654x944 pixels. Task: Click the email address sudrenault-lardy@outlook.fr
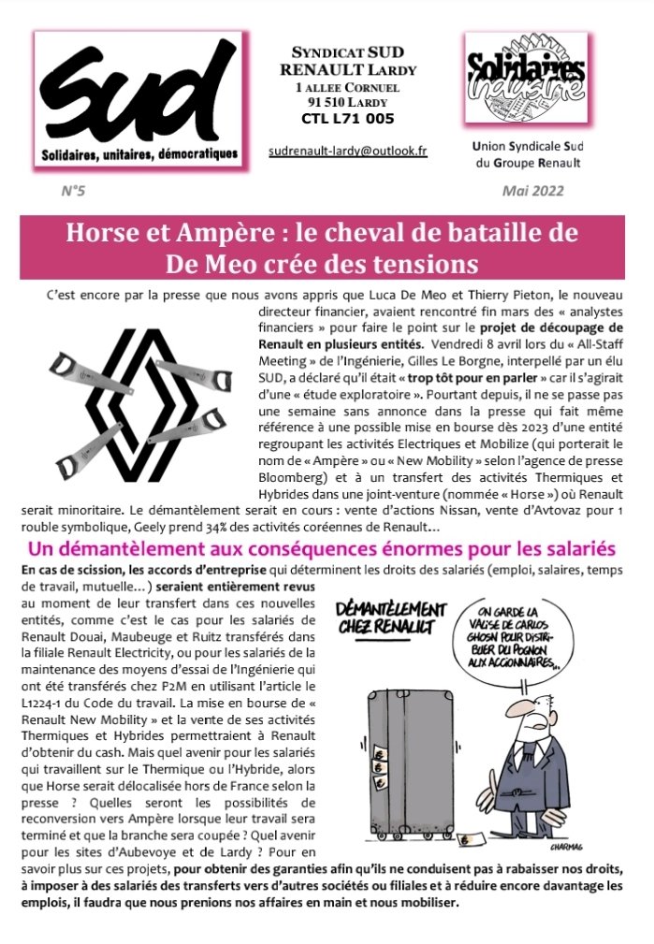pyautogui.click(x=347, y=150)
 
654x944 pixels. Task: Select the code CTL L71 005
pyautogui.click(x=347, y=119)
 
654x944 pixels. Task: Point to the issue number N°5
pyautogui.click(x=72, y=191)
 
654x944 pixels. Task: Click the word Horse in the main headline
pyautogui.click(x=105, y=232)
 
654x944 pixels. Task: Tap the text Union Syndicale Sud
pyautogui.click(x=525, y=147)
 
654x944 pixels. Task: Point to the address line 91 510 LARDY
pyautogui.click(x=347, y=102)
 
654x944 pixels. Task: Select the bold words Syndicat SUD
pyautogui.click(x=347, y=54)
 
